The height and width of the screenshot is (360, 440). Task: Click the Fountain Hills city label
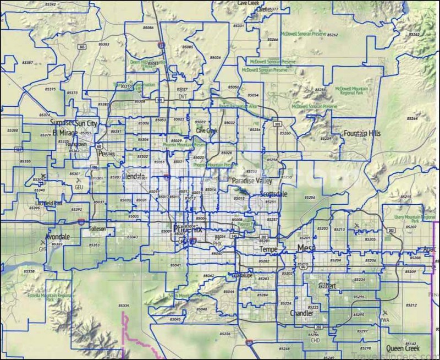[x=362, y=133]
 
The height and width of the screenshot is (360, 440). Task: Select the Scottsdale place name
[x=273, y=194]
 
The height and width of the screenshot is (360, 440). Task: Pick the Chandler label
[x=301, y=313]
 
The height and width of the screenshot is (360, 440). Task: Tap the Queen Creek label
[x=403, y=348]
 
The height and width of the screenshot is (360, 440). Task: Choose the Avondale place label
[x=57, y=237]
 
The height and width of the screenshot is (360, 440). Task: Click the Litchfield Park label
[x=48, y=203]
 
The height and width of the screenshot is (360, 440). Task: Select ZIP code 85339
[x=123, y=305]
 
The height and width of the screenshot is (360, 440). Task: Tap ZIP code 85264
[x=412, y=118]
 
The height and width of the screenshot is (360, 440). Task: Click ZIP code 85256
[x=311, y=197]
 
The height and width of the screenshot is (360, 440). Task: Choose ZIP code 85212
[x=410, y=304]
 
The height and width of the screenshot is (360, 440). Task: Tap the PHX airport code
[x=217, y=243]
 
